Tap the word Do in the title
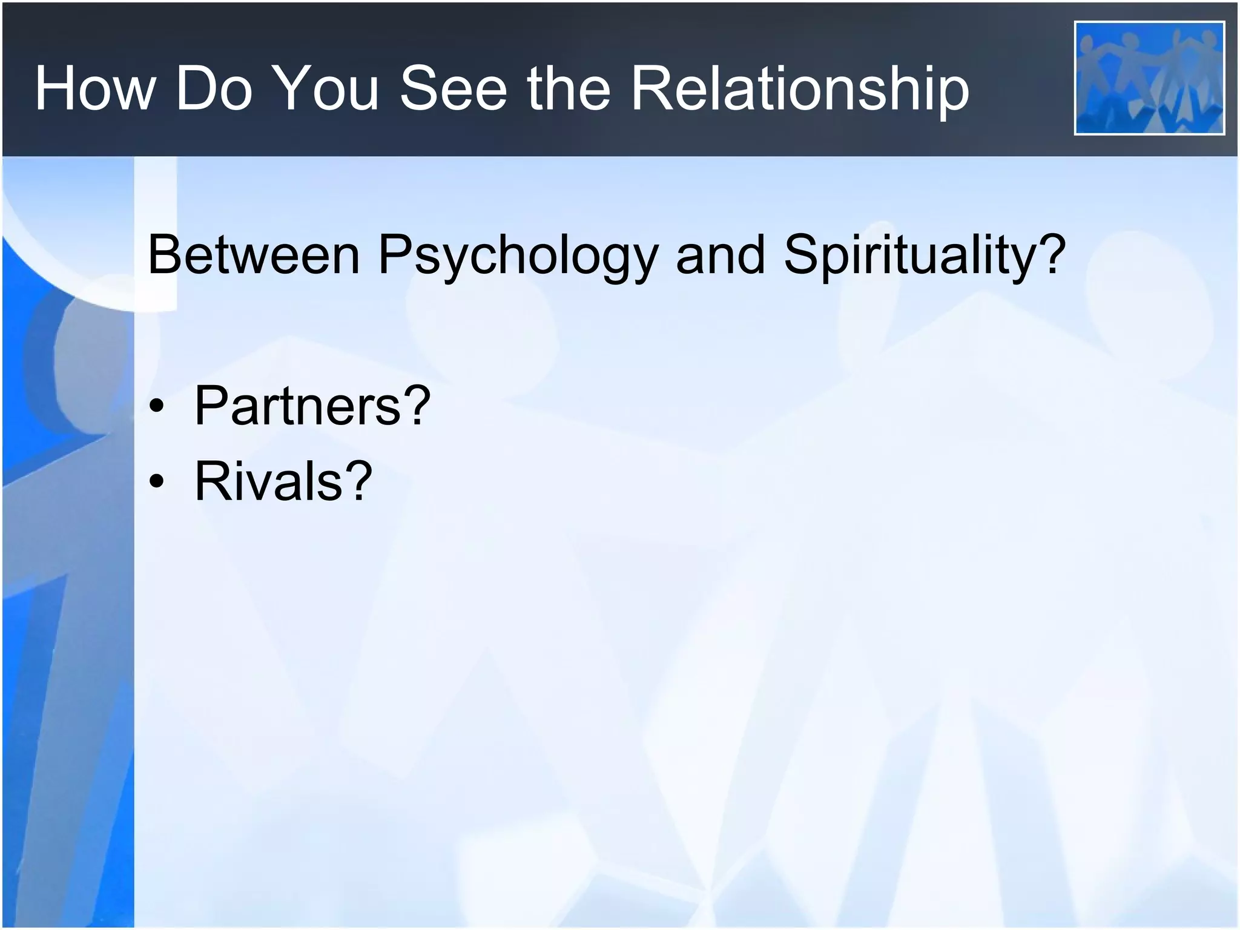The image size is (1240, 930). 213,89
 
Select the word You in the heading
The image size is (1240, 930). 326,89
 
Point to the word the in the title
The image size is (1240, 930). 568,89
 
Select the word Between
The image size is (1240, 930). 254,255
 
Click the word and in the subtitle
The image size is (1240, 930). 721,255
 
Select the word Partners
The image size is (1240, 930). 297,405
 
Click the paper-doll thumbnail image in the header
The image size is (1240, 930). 1149,78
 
